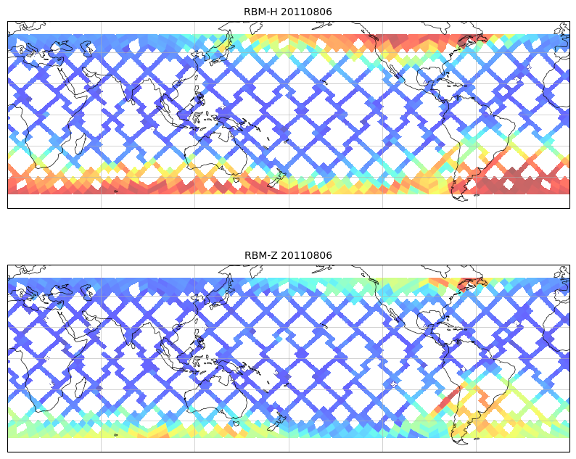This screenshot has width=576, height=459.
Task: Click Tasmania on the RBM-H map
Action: (235, 180)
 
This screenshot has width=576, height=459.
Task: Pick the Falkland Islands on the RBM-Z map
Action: (477, 438)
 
